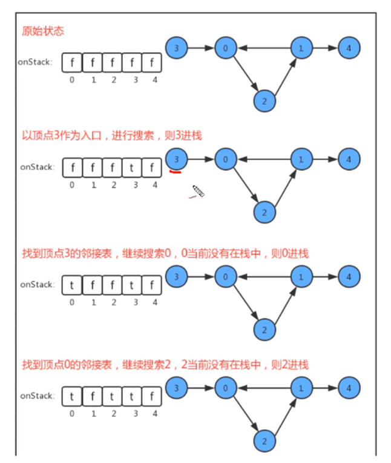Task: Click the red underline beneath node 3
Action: click(x=176, y=171)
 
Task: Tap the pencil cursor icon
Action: click(x=198, y=192)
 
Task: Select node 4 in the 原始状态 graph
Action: click(x=349, y=47)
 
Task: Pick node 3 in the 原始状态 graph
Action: click(x=176, y=47)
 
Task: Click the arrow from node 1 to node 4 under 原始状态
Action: click(x=324, y=47)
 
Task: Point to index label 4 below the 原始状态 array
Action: click(x=154, y=79)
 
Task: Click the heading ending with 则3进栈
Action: click(x=112, y=136)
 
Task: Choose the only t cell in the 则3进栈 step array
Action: click(x=133, y=166)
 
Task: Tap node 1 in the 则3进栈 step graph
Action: click(x=300, y=160)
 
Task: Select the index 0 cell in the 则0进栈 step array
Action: click(x=71, y=284)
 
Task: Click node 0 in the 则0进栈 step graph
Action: click(x=225, y=278)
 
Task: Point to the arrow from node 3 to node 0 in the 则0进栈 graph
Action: click(x=200, y=278)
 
